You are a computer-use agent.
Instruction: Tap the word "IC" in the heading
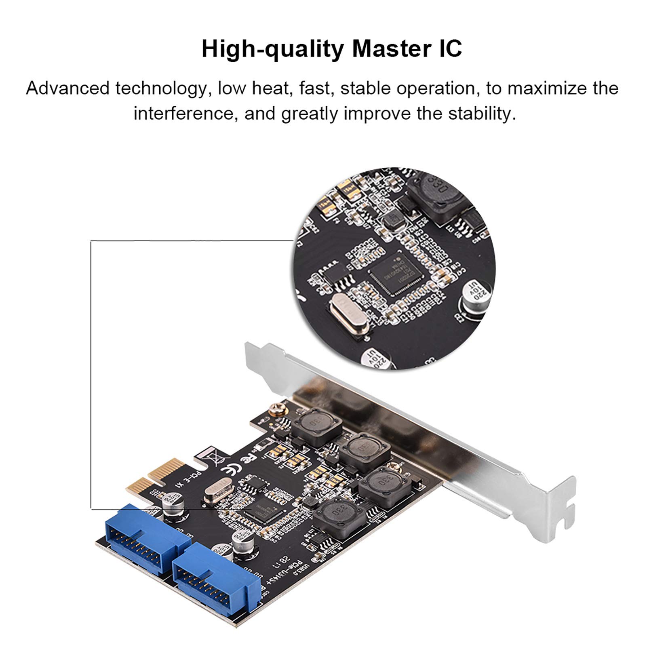tap(449, 49)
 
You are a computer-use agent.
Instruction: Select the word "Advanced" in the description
tap(67, 89)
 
